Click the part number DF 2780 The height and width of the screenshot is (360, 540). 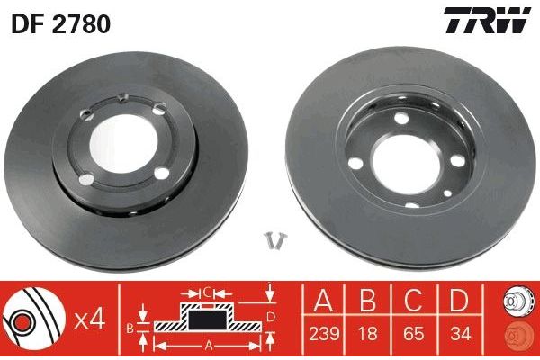click(61, 23)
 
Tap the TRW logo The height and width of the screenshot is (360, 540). click(487, 20)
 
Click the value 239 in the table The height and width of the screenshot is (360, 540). click(324, 334)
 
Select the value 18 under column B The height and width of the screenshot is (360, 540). click(368, 334)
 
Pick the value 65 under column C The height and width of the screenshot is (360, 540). click(414, 334)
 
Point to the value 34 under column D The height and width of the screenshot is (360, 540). click(460, 334)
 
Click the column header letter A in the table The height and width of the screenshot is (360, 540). click(323, 300)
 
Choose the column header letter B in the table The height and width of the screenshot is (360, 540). click(368, 300)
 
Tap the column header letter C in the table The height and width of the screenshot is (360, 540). click(414, 300)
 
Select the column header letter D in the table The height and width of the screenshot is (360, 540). click(460, 300)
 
